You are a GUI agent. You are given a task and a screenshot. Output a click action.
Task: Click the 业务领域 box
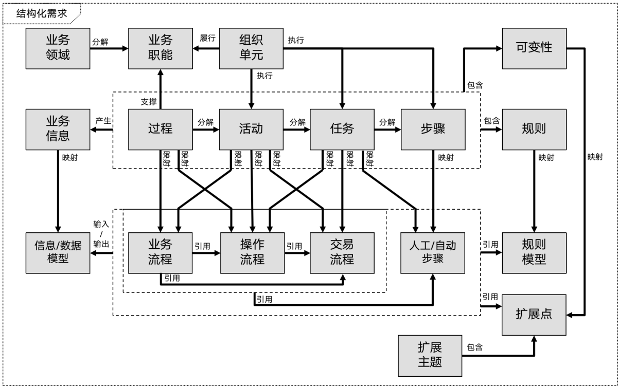click(58, 48)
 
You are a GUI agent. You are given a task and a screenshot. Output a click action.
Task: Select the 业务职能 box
click(160, 48)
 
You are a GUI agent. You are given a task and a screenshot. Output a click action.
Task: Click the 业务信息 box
click(58, 128)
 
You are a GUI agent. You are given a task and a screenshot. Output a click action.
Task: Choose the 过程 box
click(160, 128)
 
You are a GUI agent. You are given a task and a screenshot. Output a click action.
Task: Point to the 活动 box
click(252, 128)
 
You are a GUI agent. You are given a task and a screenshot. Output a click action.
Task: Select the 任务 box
click(342, 128)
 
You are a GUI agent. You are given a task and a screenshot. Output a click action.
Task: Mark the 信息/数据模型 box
click(58, 252)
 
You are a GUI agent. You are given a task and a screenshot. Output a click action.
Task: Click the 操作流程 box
click(252, 252)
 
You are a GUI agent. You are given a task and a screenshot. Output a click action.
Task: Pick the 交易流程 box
click(342, 252)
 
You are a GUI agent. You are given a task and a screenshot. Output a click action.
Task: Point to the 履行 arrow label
click(207, 39)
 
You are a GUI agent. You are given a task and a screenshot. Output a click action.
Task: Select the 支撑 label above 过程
click(149, 101)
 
